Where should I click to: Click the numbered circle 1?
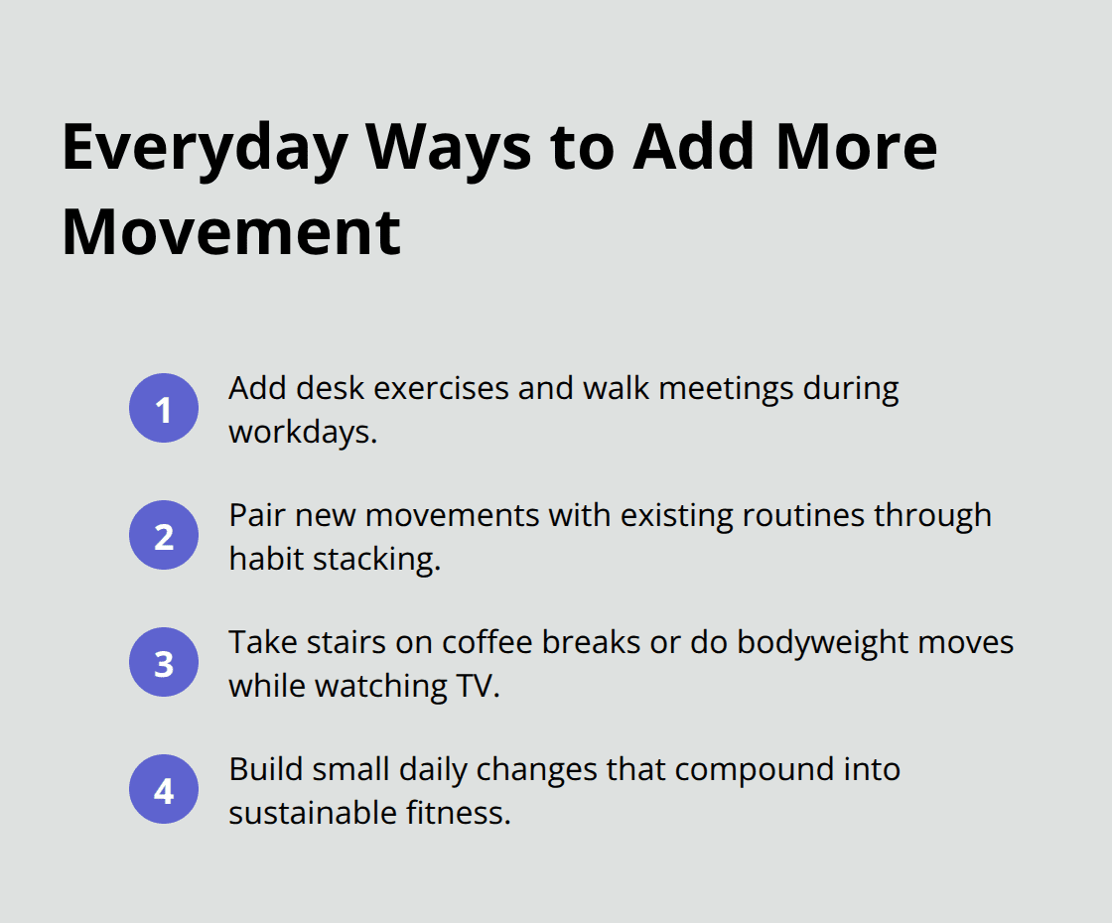164,408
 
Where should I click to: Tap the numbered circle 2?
164,535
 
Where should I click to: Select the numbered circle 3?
164,662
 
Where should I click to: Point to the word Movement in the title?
231,231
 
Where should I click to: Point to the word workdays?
302,432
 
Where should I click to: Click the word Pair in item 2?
256,515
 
